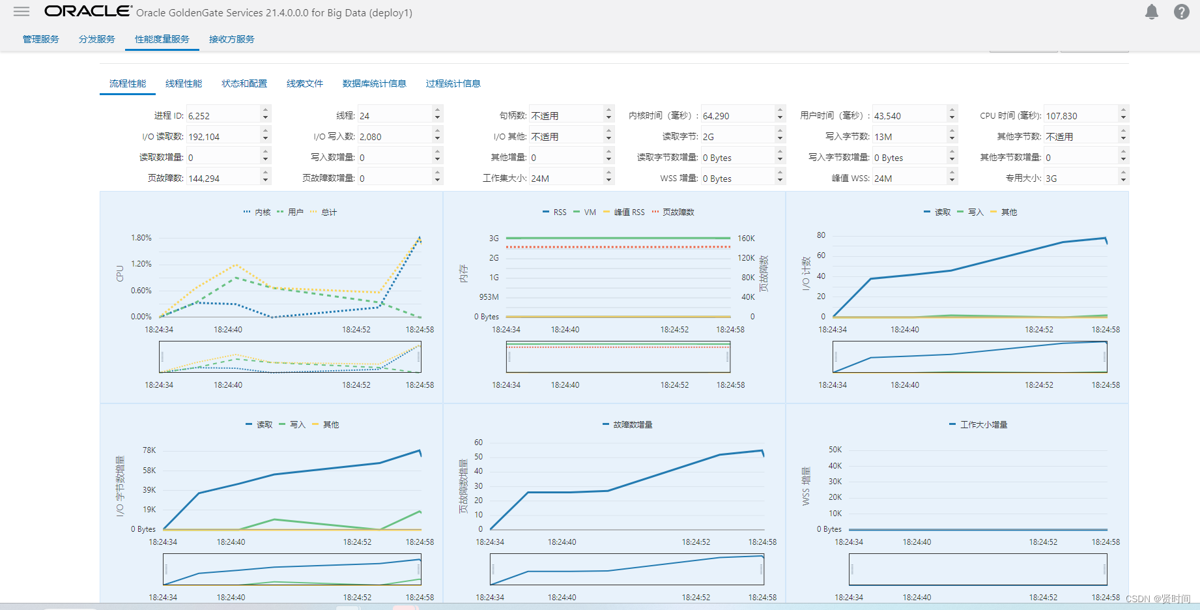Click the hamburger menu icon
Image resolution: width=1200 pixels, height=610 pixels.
[21, 12]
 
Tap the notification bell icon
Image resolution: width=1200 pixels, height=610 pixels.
[1152, 12]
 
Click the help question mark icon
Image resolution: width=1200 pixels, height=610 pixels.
[1182, 12]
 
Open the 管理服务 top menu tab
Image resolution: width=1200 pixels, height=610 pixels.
[41, 39]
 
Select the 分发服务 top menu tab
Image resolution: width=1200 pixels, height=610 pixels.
[97, 39]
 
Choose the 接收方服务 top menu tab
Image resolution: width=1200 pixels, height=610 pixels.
[232, 39]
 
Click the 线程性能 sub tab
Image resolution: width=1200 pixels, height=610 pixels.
[184, 83]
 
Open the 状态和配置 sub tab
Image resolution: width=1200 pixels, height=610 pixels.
[244, 83]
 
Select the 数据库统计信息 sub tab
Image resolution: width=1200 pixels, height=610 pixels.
[375, 83]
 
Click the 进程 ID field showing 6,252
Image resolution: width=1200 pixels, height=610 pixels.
[223, 115]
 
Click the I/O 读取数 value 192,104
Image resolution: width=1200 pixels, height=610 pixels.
[223, 136]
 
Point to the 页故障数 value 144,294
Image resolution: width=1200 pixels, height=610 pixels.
[223, 178]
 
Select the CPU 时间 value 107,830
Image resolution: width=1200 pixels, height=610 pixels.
[1081, 115]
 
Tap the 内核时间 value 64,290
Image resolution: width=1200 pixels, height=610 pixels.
[737, 115]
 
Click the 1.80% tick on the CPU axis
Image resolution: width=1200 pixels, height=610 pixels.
[141, 238]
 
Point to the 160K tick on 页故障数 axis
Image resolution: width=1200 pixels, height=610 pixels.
[747, 239]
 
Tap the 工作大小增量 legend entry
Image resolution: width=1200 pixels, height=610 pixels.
[979, 424]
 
